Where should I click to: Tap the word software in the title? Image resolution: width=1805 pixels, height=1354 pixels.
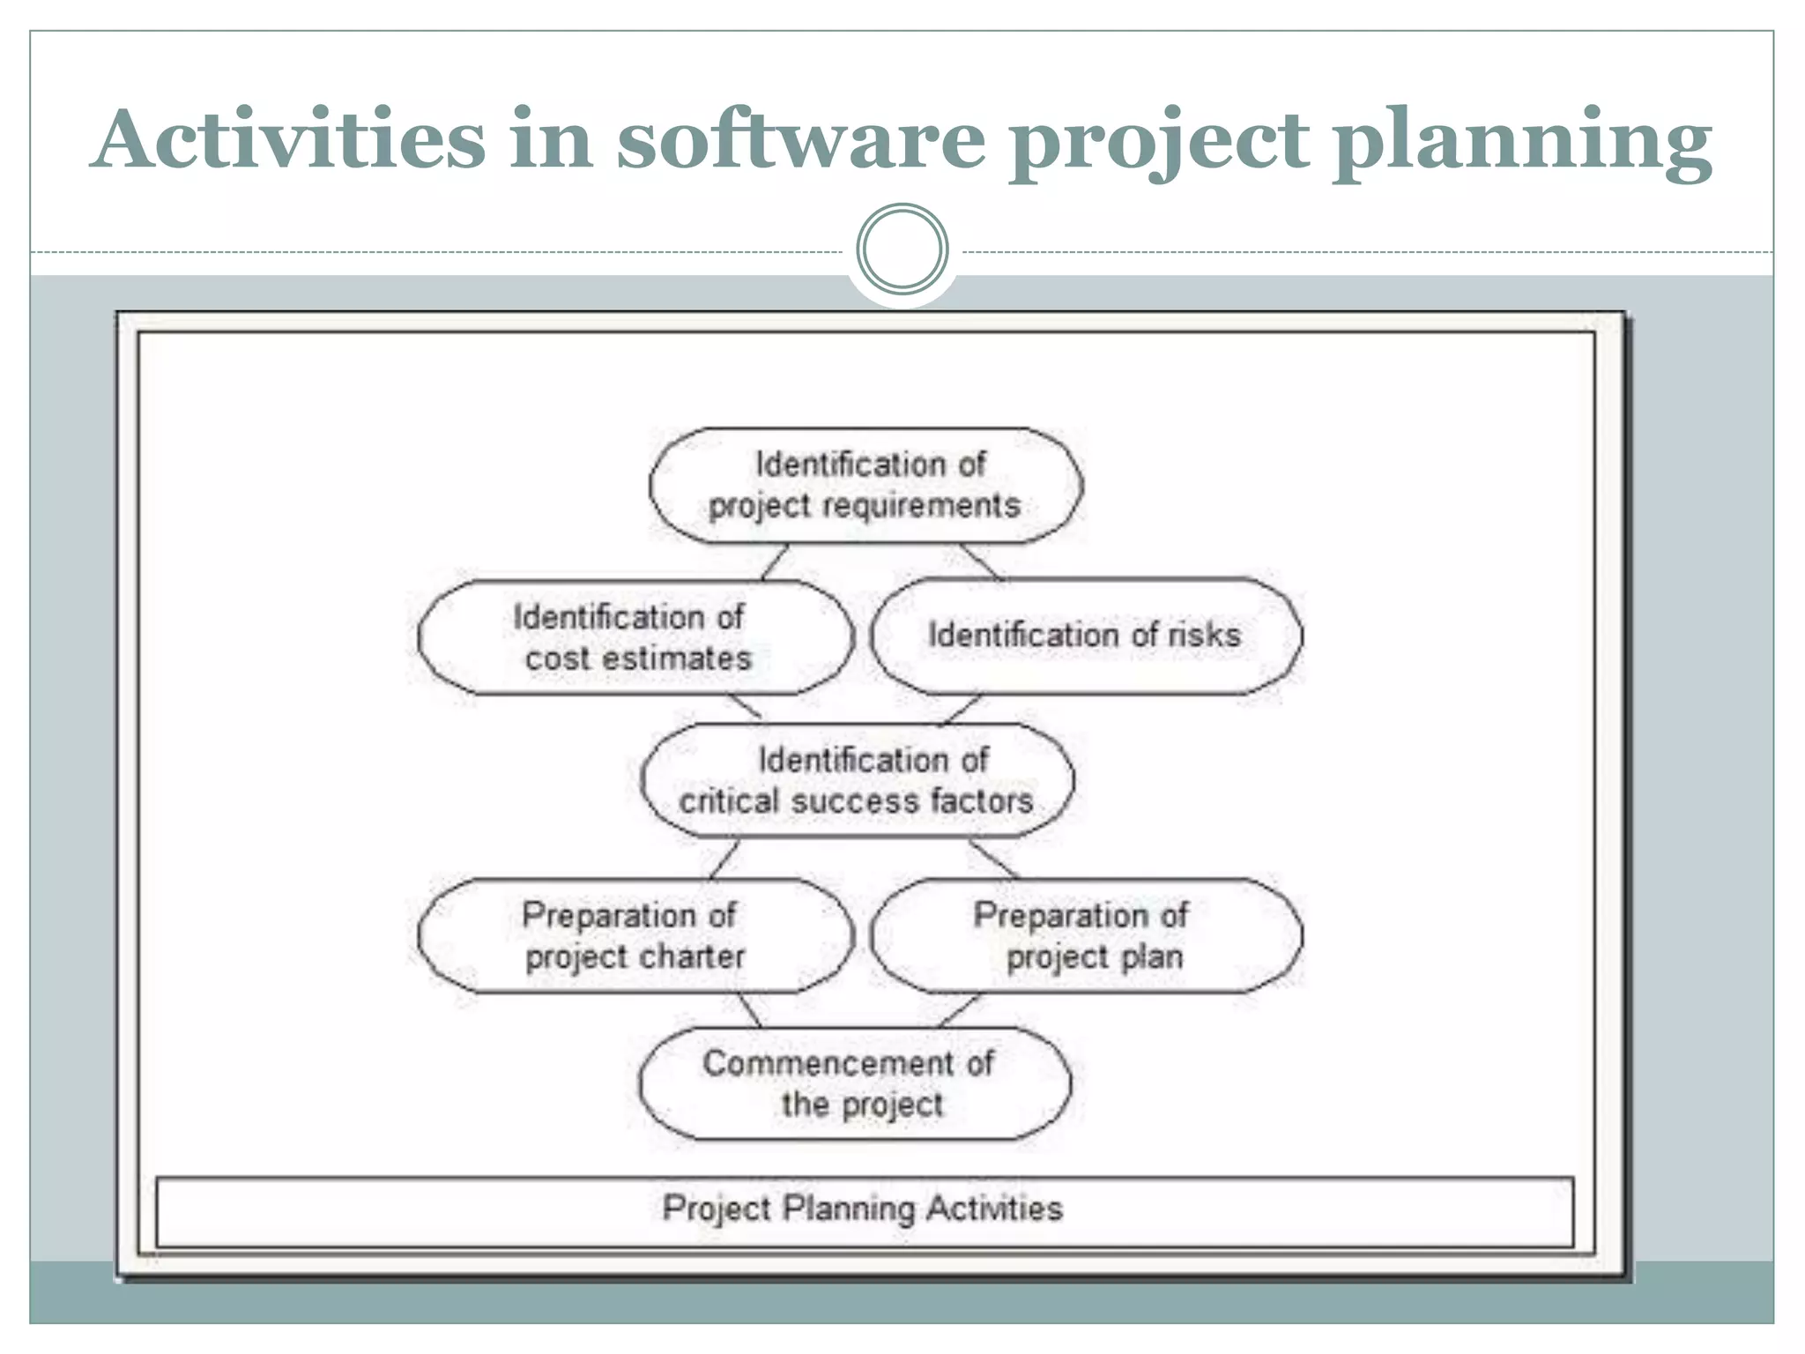pyautogui.click(x=800, y=139)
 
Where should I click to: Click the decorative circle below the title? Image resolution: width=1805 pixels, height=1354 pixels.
pyautogui.click(x=902, y=249)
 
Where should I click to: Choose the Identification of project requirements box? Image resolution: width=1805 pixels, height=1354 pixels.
pyautogui.click(x=865, y=486)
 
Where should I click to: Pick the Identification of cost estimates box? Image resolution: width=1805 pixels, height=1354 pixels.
pyautogui.click(x=635, y=637)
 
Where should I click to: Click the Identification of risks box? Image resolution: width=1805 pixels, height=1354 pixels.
pyautogui.click(x=1086, y=636)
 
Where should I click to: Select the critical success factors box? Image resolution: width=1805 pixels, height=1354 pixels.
pyautogui.click(x=858, y=780)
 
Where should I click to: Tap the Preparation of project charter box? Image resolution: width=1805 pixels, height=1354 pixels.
pyautogui.click(x=635, y=935)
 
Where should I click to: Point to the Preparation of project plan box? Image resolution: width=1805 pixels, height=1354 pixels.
pyautogui.click(x=1086, y=935)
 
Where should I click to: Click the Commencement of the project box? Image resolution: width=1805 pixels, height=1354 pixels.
pyautogui.click(x=855, y=1083)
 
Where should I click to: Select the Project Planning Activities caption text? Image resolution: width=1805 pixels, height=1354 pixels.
pyautogui.click(x=863, y=1209)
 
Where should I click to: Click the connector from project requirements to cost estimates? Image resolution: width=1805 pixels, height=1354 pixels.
pyautogui.click(x=775, y=562)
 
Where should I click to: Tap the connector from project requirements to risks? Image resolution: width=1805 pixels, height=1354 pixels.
pyautogui.click(x=981, y=562)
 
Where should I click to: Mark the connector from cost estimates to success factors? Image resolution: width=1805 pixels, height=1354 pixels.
pyautogui.click(x=745, y=707)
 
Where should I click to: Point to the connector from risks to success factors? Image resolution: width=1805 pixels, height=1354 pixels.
pyautogui.click(x=961, y=710)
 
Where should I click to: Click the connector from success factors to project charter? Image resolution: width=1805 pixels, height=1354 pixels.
pyautogui.click(x=724, y=859)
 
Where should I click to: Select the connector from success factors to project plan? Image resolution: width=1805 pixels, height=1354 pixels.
pyautogui.click(x=994, y=859)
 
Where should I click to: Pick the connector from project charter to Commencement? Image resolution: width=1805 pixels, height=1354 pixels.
pyautogui.click(x=750, y=1011)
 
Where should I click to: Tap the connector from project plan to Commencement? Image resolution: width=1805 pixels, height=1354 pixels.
pyautogui.click(x=959, y=1011)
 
